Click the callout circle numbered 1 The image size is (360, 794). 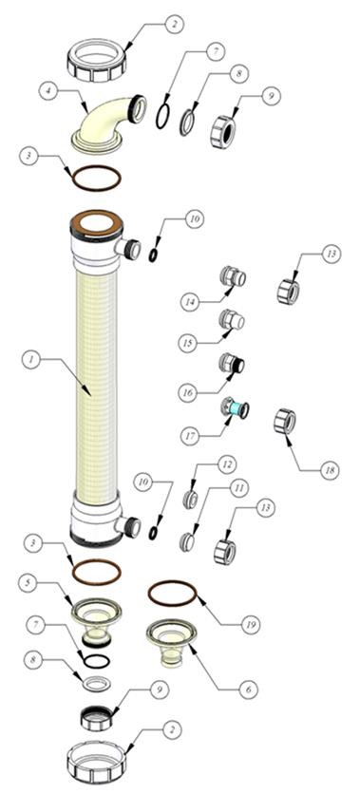click(x=31, y=361)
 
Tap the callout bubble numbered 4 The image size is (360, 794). click(x=49, y=91)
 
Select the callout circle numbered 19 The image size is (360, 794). click(x=250, y=625)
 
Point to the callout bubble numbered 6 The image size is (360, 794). click(x=249, y=690)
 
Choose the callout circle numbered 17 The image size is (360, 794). click(x=190, y=436)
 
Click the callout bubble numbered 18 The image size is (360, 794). click(x=331, y=470)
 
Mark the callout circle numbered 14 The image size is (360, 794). click(x=190, y=302)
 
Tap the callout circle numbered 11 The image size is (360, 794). click(x=238, y=487)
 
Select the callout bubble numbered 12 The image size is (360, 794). click(x=227, y=463)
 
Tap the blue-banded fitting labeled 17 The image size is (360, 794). click(x=235, y=407)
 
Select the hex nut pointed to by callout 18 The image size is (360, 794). click(x=285, y=422)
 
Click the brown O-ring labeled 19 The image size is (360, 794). click(x=172, y=594)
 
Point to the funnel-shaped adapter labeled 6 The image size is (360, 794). click(x=171, y=642)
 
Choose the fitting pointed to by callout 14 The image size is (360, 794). click(x=233, y=276)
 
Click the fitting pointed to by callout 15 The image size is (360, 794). click(x=232, y=320)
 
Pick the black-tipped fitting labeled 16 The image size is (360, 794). click(x=232, y=363)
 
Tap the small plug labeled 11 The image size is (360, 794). click(x=187, y=542)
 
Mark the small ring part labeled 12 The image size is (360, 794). click(x=190, y=500)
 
